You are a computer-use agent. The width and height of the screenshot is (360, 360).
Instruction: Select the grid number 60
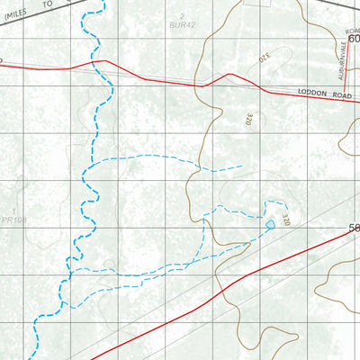pos(354,39)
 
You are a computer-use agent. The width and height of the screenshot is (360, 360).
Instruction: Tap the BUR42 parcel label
pos(187,27)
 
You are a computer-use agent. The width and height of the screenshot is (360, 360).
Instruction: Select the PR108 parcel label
pos(13,219)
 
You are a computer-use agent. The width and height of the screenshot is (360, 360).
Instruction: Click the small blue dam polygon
pos(269,223)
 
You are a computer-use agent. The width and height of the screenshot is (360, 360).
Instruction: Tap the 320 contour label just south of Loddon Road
pos(247,116)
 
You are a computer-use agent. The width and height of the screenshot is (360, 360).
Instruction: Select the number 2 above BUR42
pos(184,17)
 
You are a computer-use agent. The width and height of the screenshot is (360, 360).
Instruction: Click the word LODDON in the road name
pos(307,93)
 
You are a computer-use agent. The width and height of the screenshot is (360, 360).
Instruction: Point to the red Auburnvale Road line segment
pos(351,67)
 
